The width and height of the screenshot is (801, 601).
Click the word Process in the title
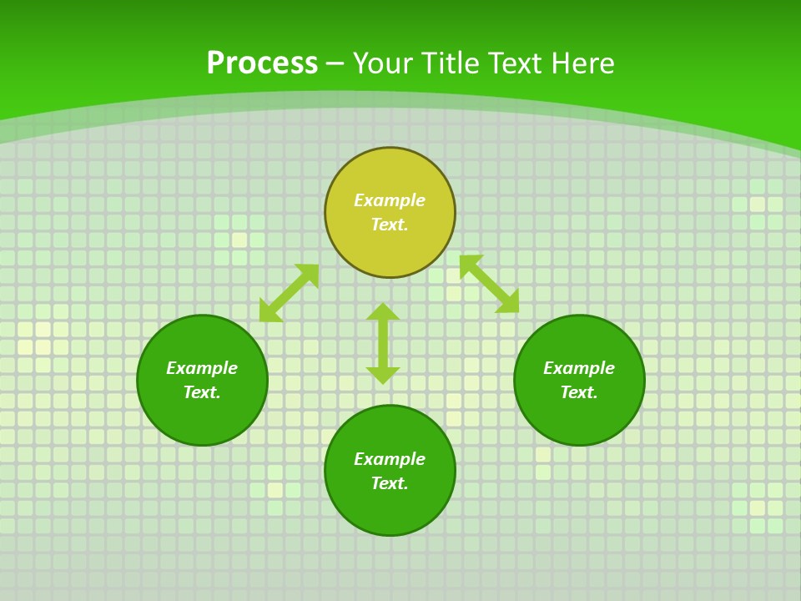tap(262, 63)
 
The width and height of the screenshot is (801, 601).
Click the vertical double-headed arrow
tap(383, 344)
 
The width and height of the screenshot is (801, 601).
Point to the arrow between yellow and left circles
tap(289, 293)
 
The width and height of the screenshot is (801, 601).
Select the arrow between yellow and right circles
tap(489, 284)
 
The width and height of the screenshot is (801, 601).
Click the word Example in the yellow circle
tap(390, 200)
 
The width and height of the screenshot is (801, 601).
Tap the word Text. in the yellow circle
tap(390, 225)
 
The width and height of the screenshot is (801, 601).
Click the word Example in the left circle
tap(202, 368)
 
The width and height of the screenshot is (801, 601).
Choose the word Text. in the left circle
tap(202, 392)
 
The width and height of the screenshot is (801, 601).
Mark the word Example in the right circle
tap(579, 368)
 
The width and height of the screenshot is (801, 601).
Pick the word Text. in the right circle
tap(579, 392)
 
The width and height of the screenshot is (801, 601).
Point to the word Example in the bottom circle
tap(390, 459)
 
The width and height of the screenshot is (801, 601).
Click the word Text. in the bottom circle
tap(390, 483)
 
